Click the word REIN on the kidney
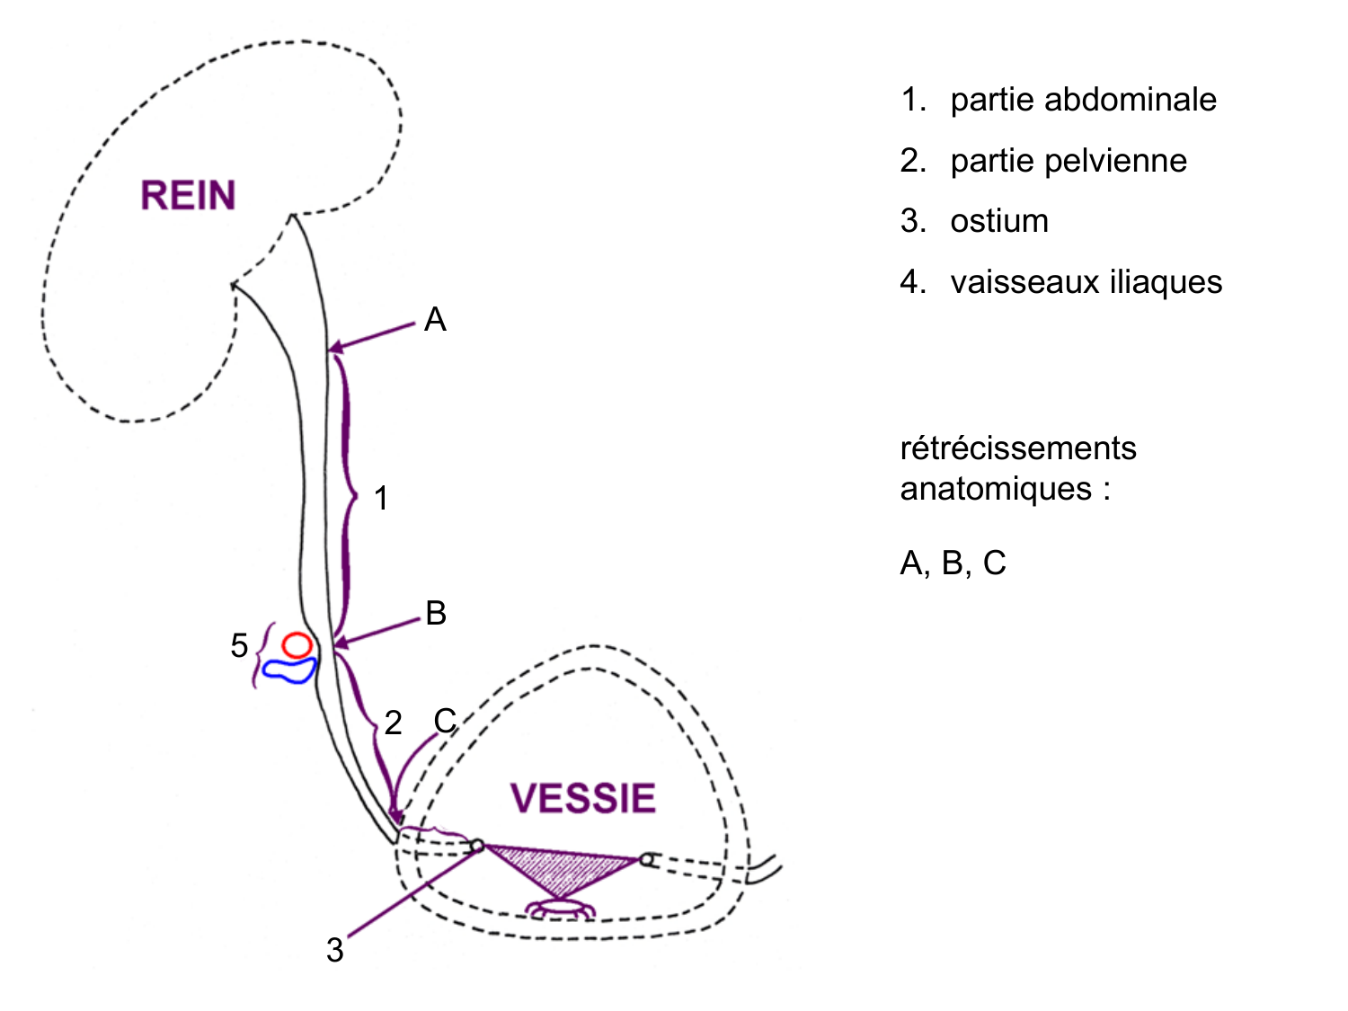tap(188, 196)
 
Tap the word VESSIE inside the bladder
tap(583, 798)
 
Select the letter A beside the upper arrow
tap(435, 320)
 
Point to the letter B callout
tap(436, 613)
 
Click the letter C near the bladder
tap(446, 721)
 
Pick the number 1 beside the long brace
tap(381, 498)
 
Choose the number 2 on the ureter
tap(393, 723)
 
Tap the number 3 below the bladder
tap(335, 950)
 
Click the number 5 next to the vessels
tap(239, 645)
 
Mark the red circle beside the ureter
tap(297, 644)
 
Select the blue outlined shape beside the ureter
tap(289, 670)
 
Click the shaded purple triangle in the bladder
tap(560, 868)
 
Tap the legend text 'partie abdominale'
tap(1083, 100)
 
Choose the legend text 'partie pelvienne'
tap(1069, 161)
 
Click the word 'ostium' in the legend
tap(999, 221)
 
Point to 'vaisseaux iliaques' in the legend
tap(1086, 282)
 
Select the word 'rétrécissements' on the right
tap(1018, 448)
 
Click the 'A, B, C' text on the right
tap(953, 563)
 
